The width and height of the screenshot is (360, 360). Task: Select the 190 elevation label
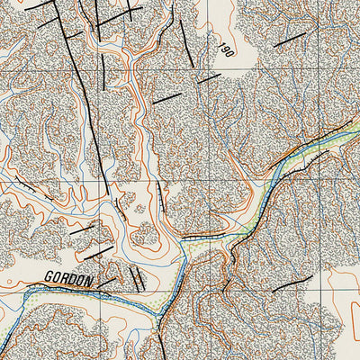(x=225, y=49)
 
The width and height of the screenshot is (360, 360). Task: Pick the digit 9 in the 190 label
(x=225, y=49)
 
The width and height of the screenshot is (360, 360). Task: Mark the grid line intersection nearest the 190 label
(x=213, y=71)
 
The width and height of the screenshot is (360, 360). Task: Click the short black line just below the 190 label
(x=209, y=78)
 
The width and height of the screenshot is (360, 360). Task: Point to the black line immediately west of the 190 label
(x=185, y=40)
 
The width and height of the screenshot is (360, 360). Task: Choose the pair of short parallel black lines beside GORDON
(x=136, y=277)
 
